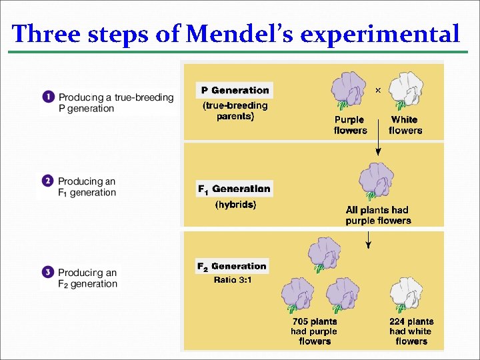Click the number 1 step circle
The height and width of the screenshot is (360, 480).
coord(48,97)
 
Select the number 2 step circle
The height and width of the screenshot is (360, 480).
coord(47,181)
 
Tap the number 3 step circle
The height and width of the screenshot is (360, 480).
coord(47,272)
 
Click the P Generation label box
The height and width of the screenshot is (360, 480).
coord(235,90)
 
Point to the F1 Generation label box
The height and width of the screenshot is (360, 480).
coord(234,189)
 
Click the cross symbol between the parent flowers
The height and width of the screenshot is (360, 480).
coord(378,89)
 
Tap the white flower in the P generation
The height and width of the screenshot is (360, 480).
coord(404,91)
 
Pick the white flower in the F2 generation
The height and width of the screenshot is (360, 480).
coord(408,295)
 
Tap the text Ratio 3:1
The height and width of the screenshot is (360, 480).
coord(233,280)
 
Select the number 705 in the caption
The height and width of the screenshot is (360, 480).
coord(302,321)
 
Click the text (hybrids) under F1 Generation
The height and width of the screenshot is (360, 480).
coord(235,205)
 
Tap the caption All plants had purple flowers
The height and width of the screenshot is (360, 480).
coord(378,215)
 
